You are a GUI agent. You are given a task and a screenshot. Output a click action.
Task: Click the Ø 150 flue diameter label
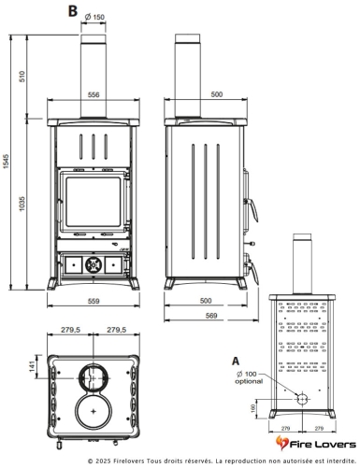94,17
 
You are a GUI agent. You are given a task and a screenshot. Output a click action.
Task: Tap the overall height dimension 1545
7,162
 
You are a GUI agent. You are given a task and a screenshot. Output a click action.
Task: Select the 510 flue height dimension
22,77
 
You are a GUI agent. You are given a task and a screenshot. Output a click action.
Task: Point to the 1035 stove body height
22,204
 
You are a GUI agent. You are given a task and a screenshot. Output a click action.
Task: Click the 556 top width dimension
94,94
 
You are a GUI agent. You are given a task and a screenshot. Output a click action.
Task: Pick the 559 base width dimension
94,301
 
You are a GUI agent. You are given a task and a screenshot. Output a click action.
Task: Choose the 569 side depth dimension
211,316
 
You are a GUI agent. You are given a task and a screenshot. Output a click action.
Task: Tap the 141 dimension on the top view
32,367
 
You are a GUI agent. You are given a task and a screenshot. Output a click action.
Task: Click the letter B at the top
72,11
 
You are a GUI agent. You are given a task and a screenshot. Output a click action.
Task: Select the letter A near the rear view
236,361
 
